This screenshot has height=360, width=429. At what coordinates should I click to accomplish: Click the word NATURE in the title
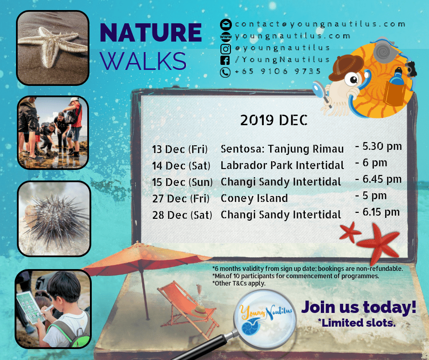151,32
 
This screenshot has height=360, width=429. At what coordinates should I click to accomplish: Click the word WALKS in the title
143,61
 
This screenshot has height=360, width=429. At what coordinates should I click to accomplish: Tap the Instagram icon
225,49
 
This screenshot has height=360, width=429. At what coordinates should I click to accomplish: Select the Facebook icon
225,60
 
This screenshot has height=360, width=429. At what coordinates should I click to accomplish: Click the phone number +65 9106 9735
277,72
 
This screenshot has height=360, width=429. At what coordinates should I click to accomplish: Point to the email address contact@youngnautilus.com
320,24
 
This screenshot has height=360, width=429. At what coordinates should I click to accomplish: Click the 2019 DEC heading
274,120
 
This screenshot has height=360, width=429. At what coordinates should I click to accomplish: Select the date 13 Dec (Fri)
180,149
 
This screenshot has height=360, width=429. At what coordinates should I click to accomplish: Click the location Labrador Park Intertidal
282,165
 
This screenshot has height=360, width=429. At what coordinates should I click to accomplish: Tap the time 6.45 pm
378,180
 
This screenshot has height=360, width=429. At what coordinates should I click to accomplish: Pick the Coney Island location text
254,199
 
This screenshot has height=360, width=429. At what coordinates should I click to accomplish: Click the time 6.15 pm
377,212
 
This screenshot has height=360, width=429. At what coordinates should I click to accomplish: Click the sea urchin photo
54,219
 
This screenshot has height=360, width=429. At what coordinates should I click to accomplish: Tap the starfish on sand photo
53,48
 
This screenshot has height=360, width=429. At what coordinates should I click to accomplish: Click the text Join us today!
359,307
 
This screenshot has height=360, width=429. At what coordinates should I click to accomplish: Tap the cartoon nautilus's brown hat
345,67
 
